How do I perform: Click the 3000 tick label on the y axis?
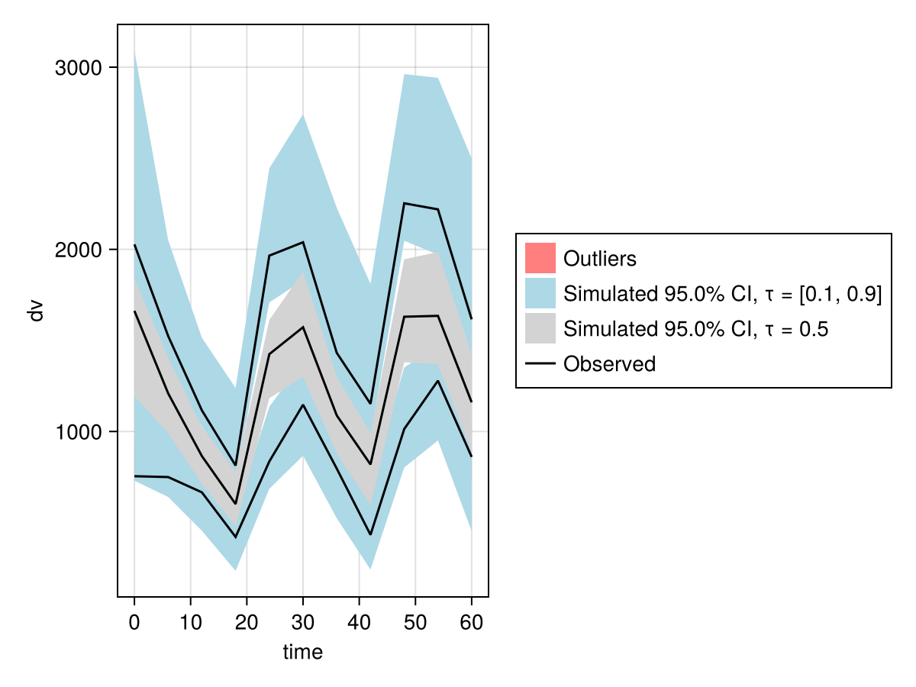79,68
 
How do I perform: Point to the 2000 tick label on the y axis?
79,250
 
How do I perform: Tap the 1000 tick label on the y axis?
79,432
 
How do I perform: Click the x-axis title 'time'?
303,652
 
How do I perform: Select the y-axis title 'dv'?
36,311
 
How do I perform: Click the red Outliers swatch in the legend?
540,258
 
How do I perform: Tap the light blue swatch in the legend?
540,293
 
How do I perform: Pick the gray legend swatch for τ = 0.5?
540,328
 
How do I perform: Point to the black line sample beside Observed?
540,364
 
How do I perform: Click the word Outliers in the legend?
599,259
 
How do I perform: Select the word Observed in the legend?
609,364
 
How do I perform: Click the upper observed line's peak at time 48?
404,204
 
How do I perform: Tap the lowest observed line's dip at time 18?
235,537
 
